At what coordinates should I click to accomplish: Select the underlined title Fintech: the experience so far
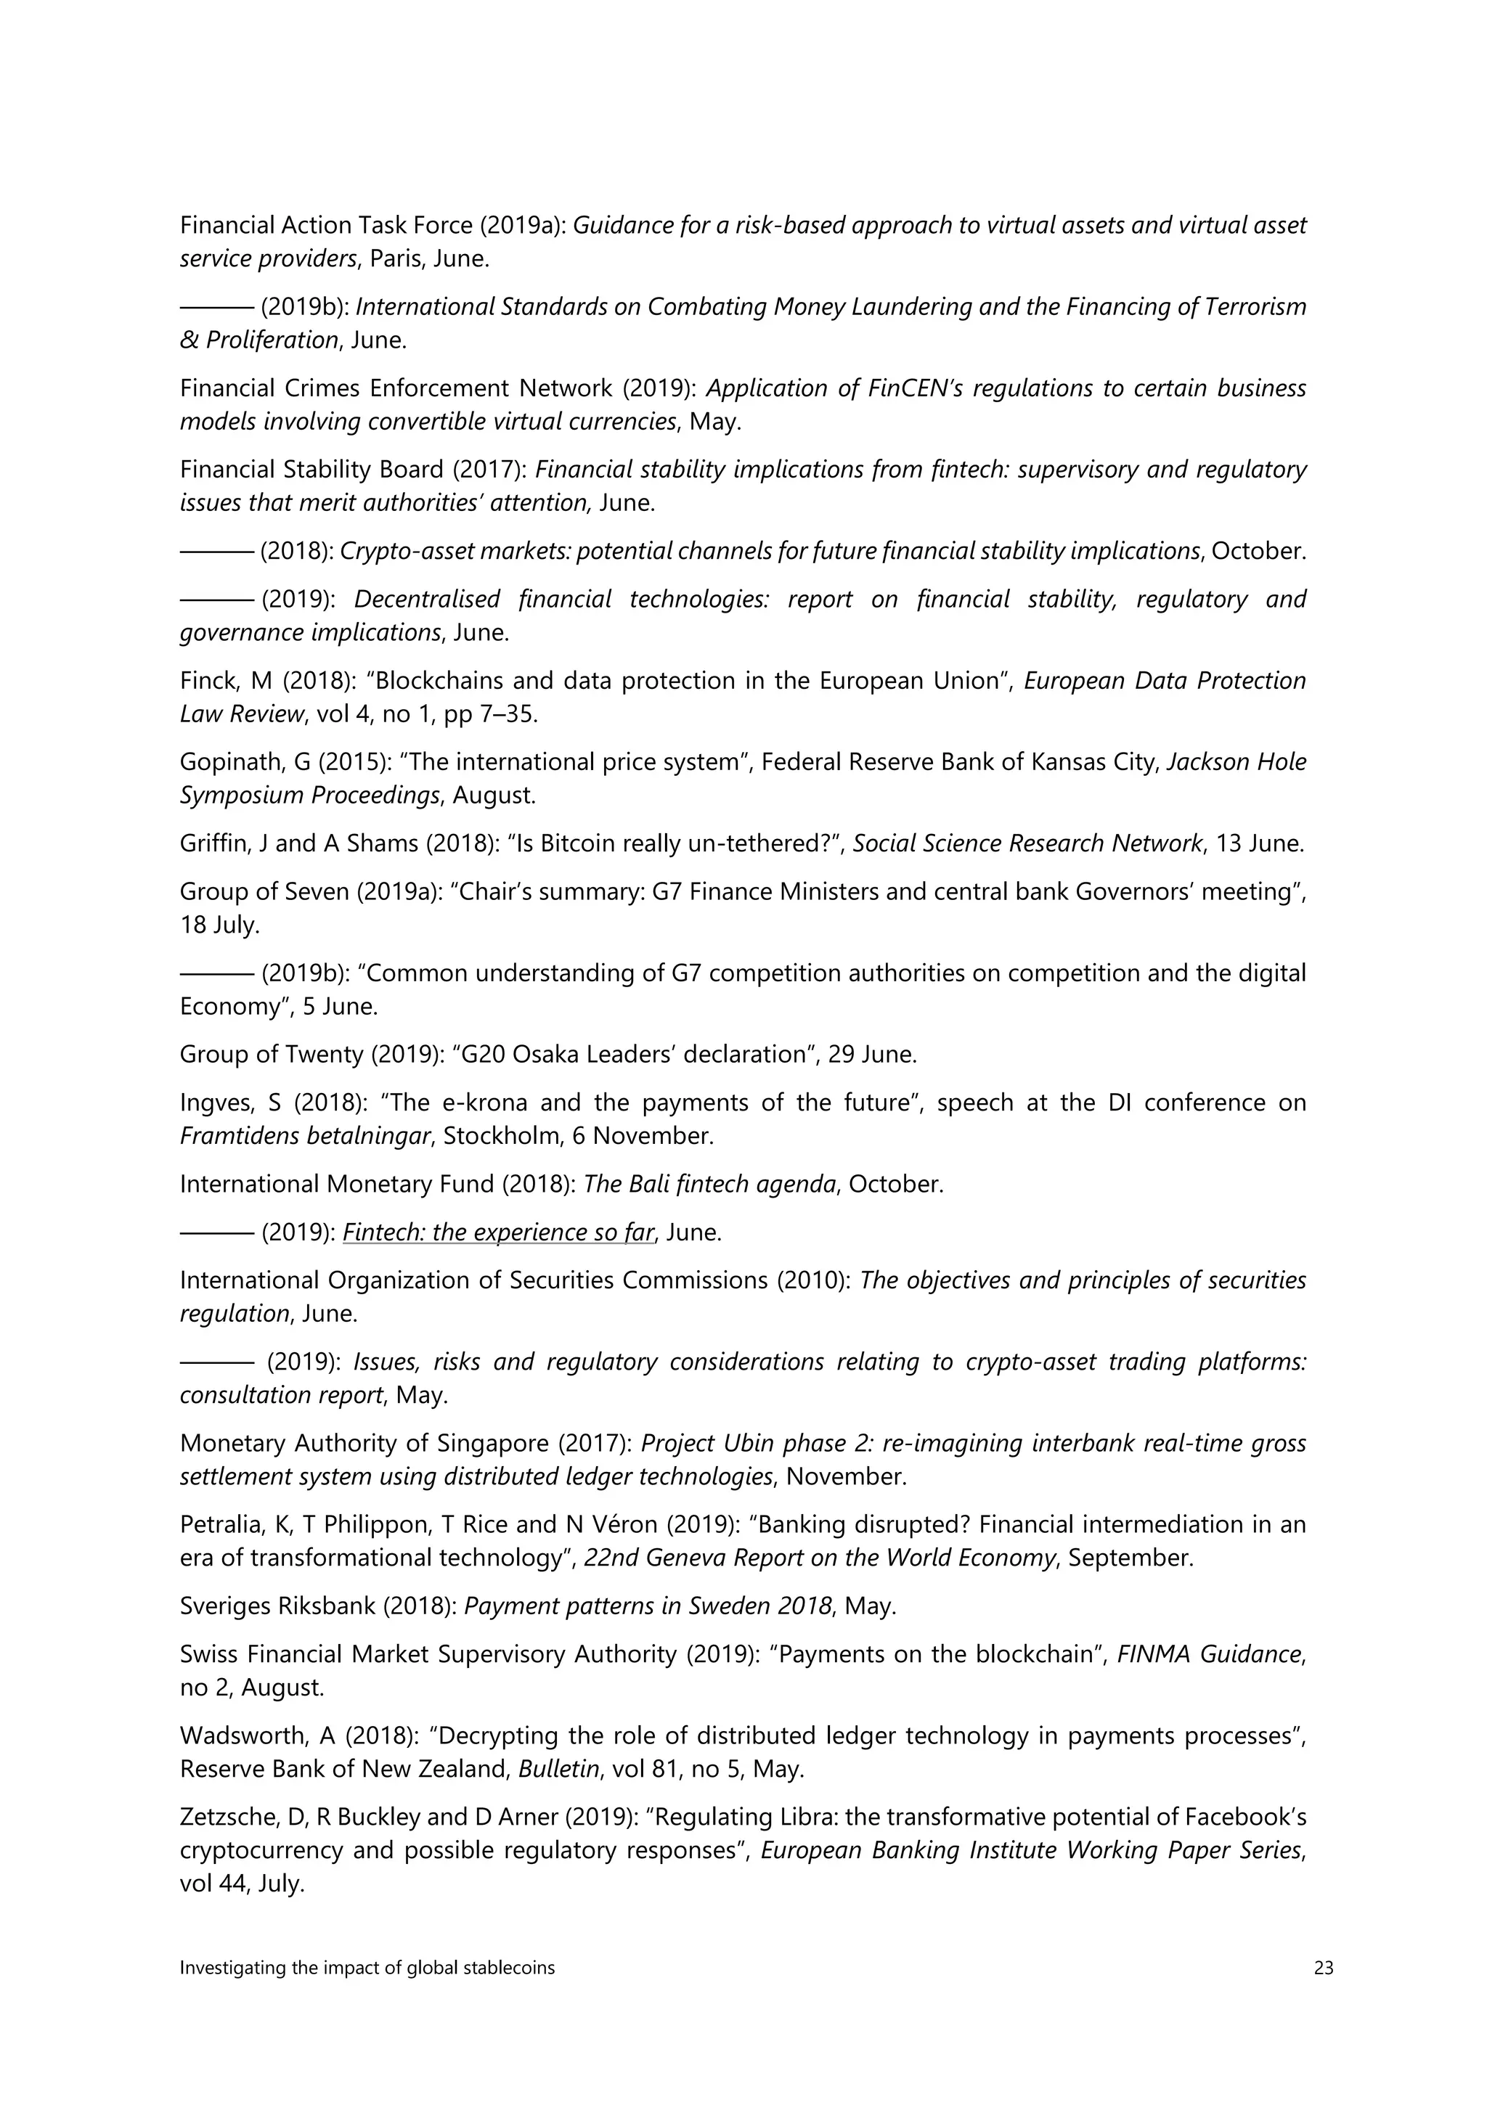498,1232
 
